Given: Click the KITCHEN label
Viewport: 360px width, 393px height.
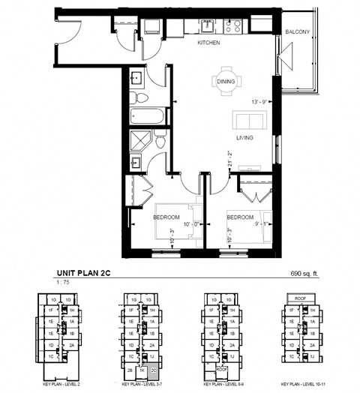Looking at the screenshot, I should point(208,43).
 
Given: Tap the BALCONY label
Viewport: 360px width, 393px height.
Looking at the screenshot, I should point(298,31).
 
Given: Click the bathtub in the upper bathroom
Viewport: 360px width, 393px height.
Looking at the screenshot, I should point(145,118).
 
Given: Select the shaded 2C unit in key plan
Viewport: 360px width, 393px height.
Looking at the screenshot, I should point(153,370).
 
